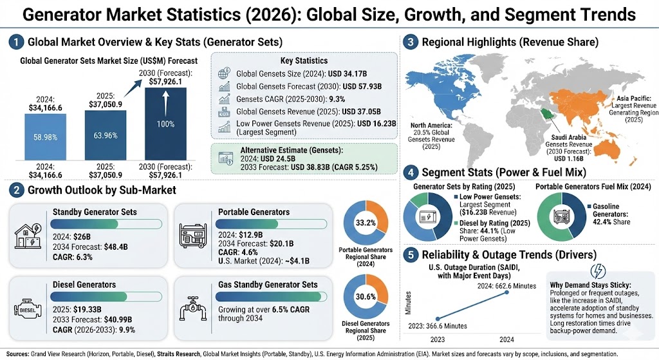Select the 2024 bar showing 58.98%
pos(46,137)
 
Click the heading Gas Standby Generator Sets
pos(268,284)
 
